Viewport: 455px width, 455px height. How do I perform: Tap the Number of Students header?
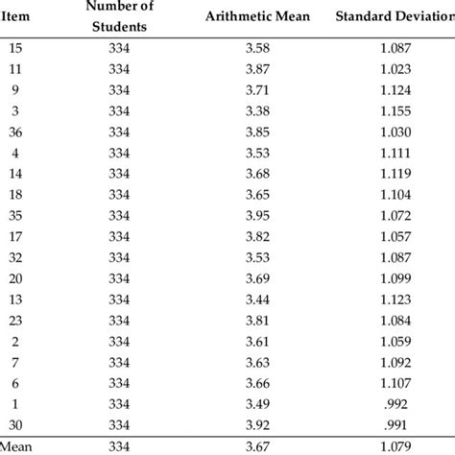pos(127,16)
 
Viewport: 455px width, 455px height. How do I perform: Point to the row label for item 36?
pos(16,131)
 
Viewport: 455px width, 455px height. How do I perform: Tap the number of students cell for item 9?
pos(127,89)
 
